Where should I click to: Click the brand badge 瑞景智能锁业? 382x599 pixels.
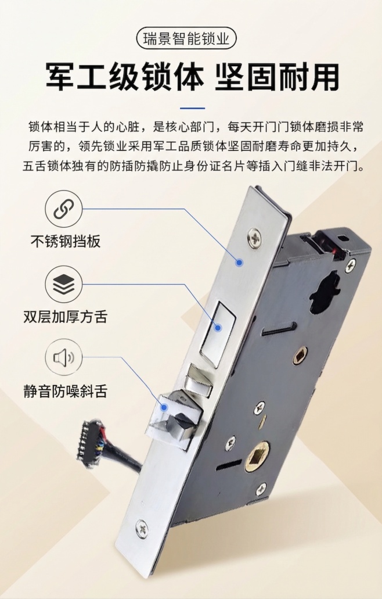coord(190,39)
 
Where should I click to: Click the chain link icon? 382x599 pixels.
coord(64,209)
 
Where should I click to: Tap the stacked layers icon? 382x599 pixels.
coord(64,285)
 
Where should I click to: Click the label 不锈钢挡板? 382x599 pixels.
coord(65,241)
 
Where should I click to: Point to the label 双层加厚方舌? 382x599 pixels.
coord(65,317)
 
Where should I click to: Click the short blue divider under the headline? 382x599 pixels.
coord(192,108)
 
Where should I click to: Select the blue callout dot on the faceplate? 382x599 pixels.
coord(239,263)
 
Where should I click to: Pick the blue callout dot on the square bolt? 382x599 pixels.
coord(218,328)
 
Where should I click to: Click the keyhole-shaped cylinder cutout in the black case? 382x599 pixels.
coord(325,294)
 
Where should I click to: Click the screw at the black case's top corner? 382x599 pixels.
coord(350,267)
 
